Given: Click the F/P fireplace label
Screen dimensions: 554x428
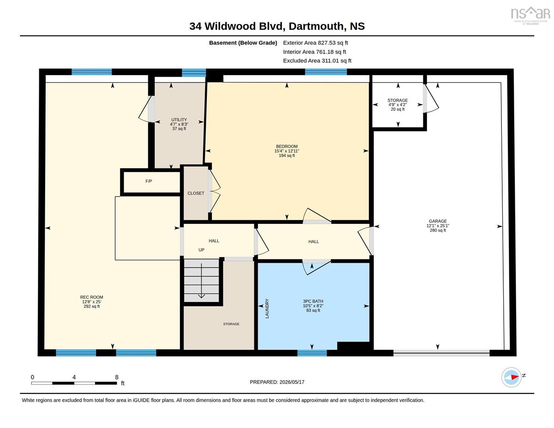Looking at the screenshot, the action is click(149, 181).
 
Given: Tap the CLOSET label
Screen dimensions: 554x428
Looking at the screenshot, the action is click(196, 193).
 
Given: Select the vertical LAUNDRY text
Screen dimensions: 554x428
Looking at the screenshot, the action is click(267, 308).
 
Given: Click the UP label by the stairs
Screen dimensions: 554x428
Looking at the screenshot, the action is click(201, 250).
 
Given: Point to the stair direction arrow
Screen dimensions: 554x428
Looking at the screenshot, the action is click(202, 281).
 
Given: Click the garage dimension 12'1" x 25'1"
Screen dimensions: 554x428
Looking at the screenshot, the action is click(438, 226).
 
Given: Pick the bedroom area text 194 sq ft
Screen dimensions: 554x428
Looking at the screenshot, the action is click(287, 156).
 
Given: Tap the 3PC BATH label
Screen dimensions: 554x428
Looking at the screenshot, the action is click(313, 301).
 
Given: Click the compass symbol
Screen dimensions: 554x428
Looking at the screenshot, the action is click(511, 377).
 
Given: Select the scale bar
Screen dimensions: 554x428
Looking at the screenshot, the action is click(74, 383).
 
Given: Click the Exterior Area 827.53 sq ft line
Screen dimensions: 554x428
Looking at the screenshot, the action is click(315, 43).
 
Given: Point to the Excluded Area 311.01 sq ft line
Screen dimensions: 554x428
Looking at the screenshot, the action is click(317, 60).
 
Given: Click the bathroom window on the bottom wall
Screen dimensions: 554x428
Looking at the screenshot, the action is click(312, 353).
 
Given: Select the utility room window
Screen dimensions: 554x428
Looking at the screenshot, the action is click(194, 72).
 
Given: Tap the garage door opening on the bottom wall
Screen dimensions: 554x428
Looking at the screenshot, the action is click(441, 353).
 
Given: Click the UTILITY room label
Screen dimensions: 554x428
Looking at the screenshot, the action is click(179, 120).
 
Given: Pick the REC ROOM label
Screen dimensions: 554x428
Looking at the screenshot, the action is click(91, 297).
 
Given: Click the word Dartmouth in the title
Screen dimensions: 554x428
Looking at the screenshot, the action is click(316, 26).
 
